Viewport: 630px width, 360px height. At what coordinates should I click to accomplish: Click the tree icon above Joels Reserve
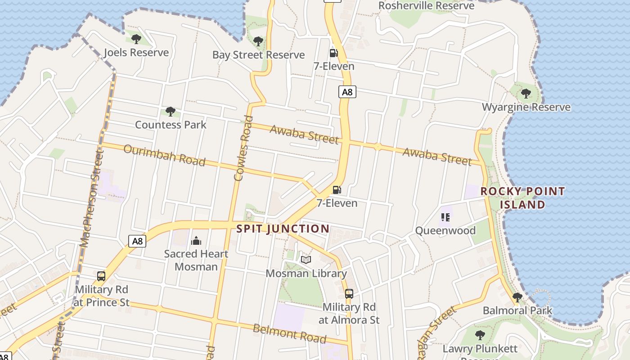[x=136, y=39]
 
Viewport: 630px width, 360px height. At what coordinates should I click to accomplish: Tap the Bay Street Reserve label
[x=258, y=55]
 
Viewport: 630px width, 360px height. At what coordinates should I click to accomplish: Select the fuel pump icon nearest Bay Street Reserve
[x=333, y=53]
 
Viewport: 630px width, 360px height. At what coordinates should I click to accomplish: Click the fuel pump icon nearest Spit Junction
[x=337, y=190]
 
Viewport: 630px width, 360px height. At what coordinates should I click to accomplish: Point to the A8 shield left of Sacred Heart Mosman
[x=138, y=241]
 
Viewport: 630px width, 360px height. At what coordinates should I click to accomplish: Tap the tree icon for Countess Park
[x=170, y=112]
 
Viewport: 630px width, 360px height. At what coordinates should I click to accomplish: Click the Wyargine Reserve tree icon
[x=526, y=94]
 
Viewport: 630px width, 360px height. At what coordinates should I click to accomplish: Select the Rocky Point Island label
[x=522, y=198]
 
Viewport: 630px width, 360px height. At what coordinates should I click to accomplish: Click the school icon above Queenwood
[x=445, y=218]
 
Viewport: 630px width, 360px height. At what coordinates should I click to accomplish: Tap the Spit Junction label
[x=283, y=229]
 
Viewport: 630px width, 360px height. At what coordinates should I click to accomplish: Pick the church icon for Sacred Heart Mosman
[x=196, y=241]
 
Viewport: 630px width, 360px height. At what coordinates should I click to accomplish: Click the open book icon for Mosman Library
[x=306, y=260]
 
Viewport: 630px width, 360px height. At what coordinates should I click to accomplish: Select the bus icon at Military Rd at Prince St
[x=101, y=276]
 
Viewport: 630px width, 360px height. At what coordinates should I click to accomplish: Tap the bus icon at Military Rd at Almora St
[x=349, y=294]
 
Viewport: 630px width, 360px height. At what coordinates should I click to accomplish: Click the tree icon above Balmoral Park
[x=517, y=297]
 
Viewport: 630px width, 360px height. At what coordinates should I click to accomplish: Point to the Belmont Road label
[x=289, y=333]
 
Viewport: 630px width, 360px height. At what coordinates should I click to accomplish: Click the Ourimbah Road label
[x=164, y=156]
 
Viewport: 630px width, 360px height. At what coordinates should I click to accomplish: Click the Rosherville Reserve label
[x=426, y=6]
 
